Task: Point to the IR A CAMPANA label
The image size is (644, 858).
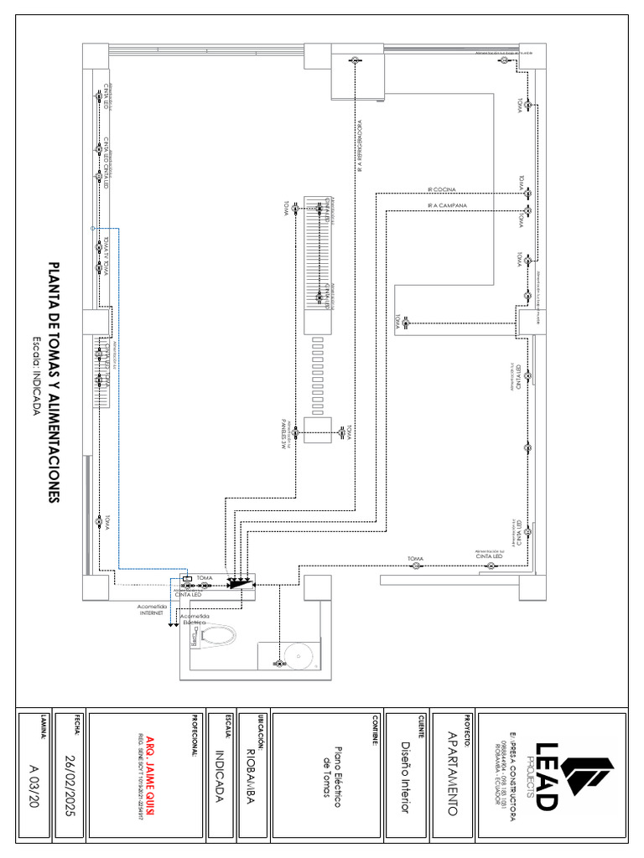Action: pyautogui.click(x=447, y=205)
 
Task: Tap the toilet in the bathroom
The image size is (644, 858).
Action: pyautogui.click(x=212, y=638)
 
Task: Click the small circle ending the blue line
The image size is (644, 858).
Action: pyautogui.click(x=92, y=228)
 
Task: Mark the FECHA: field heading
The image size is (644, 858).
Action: pyautogui.click(x=77, y=723)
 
